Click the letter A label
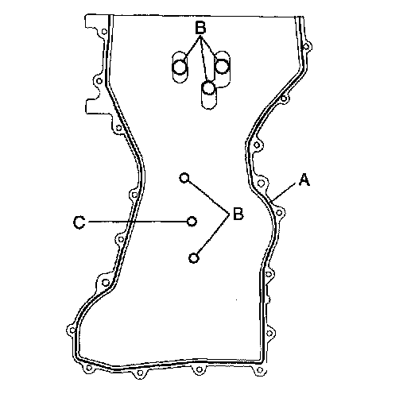click(304, 180)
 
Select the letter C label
click(79, 222)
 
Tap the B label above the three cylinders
click(200, 28)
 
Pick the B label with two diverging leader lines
click(238, 214)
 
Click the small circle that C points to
click(192, 221)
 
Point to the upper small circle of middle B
click(184, 178)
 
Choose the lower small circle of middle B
click(194, 257)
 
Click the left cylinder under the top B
click(180, 68)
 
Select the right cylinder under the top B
click(222, 66)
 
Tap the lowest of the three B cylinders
click(209, 95)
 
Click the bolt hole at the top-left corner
click(104, 32)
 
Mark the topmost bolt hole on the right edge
click(306, 47)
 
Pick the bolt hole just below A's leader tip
click(279, 213)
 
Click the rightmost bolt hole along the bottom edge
click(260, 370)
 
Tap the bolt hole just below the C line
click(121, 239)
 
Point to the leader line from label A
click(285, 191)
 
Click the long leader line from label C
click(138, 222)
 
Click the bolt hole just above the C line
click(134, 195)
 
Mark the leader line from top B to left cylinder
click(192, 47)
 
